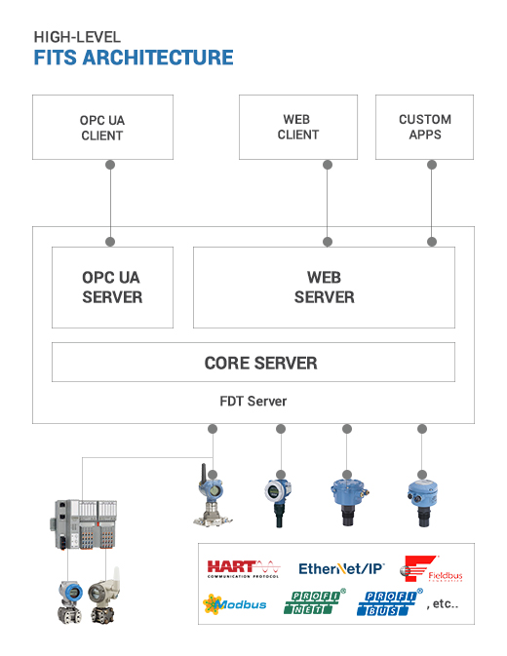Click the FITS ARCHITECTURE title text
coord(134,58)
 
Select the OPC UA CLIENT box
coord(102,128)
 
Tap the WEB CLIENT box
coord(297,128)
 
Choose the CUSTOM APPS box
coord(425,128)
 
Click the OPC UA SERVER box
coord(112,288)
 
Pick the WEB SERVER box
coord(324,288)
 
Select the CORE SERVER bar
coord(253,363)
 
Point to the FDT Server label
coord(253,401)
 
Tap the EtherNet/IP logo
coord(341,568)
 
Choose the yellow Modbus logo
coord(234,604)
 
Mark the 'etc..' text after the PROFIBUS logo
coord(443,605)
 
